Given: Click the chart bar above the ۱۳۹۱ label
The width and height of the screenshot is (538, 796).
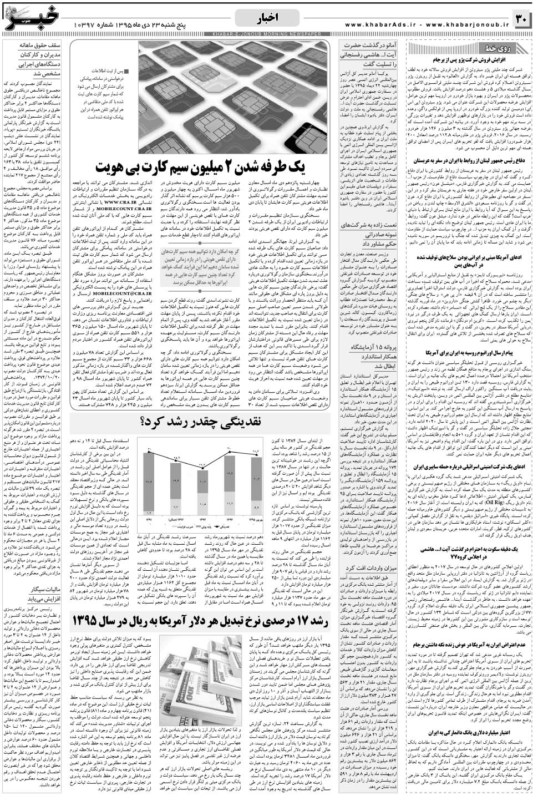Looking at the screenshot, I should [x=149, y=483].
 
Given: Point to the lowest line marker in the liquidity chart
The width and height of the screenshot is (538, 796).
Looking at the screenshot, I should [x=202, y=468].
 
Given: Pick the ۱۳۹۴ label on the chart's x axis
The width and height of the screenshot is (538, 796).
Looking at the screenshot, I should [x=230, y=520].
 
